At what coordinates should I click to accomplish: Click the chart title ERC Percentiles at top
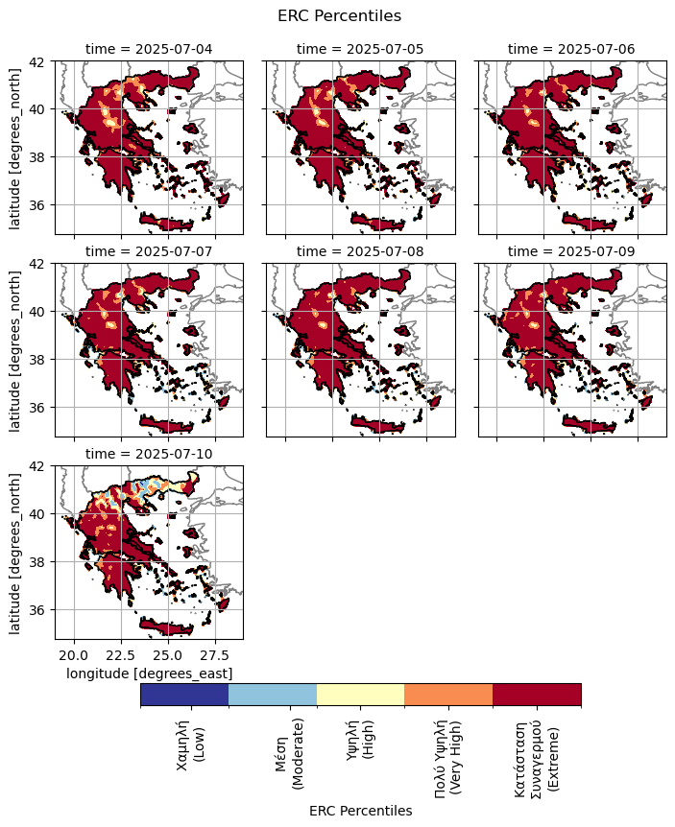pos(339,15)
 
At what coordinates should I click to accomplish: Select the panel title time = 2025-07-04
pos(149,48)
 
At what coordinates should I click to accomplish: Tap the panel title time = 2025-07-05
pos(360,48)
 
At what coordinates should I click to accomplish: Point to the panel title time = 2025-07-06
pos(571,48)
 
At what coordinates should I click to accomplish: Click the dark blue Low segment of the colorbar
pos(184,695)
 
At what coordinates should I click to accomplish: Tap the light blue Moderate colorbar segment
pos(273,695)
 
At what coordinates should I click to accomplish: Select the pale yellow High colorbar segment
pos(360,695)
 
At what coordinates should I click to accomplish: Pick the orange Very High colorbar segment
pos(448,695)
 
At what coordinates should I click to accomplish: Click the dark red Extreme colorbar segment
pos(537,695)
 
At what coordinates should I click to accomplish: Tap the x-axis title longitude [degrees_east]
pos(149,674)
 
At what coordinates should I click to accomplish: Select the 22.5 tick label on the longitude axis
pos(118,655)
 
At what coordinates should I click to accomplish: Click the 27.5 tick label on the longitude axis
pos(215,655)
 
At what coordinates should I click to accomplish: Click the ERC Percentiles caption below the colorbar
pos(360,811)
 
